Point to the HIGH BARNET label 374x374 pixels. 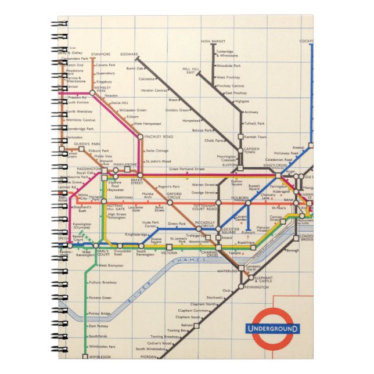coord(213,41)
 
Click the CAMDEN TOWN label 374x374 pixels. coord(251,150)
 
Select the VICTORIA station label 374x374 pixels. coord(169,253)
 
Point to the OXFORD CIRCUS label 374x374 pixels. coord(174,195)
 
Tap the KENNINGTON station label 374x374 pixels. coord(257,287)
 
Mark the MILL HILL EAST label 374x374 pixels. coord(189,70)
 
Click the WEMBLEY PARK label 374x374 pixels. coord(100,89)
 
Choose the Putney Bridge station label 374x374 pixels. coord(99,314)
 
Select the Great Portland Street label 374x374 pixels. coord(187,169)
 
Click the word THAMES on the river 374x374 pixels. coord(192,262)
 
